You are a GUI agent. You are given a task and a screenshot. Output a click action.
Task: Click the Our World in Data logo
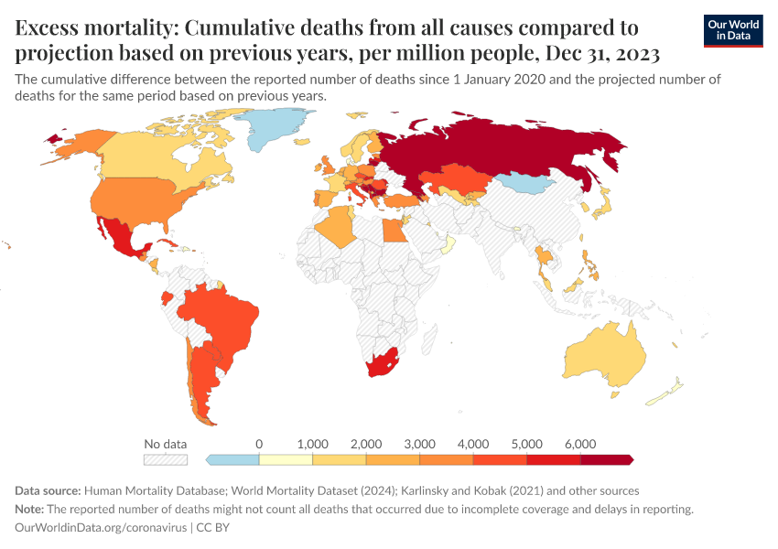732,30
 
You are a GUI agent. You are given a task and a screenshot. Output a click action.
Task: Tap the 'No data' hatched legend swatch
165,459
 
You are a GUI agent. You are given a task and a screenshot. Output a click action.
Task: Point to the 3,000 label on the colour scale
419,444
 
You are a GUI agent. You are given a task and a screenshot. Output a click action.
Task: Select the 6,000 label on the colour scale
580,444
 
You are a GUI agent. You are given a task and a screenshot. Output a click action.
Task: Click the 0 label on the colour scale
259,444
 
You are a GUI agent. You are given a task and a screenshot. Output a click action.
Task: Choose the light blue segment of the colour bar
232,459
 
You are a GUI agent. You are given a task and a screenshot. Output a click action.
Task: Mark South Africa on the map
384,364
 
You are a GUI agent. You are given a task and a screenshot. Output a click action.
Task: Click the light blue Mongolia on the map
529,182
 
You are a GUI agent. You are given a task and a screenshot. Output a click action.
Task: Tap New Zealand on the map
667,392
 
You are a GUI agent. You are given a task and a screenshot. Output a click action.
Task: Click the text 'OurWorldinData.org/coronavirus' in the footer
101,528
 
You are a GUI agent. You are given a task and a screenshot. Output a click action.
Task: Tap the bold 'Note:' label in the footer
32,509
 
